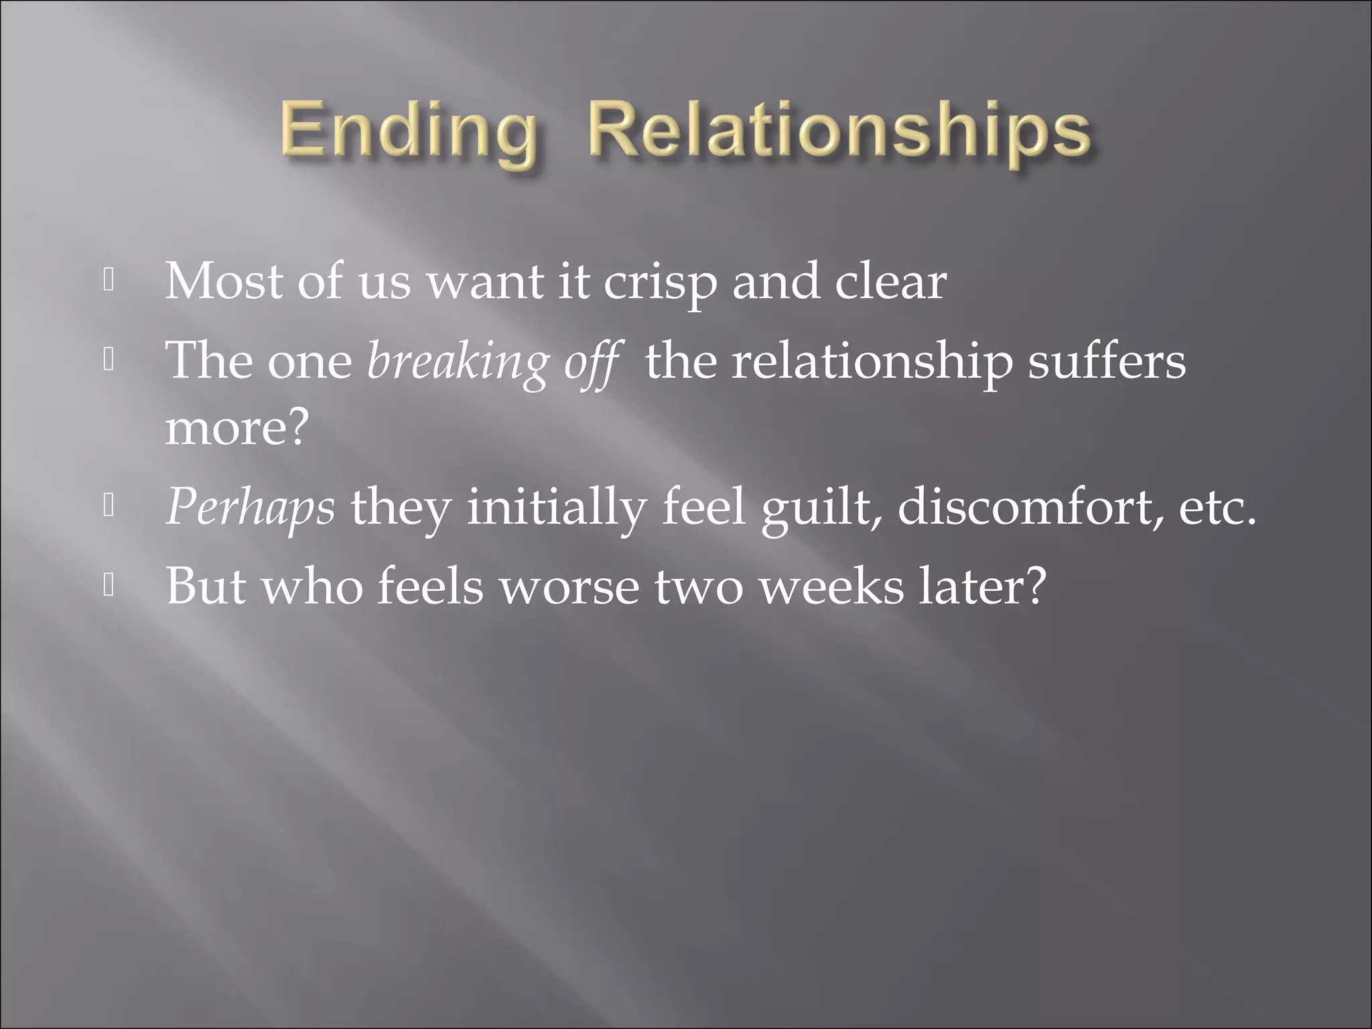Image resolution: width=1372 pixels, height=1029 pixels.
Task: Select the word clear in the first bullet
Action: click(890, 281)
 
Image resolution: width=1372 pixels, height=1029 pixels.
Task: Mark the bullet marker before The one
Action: click(109, 361)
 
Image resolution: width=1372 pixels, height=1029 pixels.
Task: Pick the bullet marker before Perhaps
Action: click(109, 507)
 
